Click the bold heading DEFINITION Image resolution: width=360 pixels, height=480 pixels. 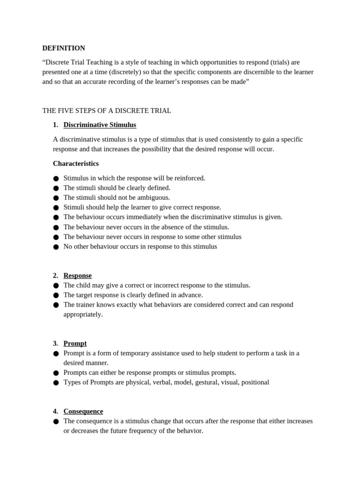point(64,48)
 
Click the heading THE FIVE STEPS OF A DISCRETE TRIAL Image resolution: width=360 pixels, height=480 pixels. point(106,111)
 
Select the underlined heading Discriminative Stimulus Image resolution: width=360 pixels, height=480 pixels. point(100,125)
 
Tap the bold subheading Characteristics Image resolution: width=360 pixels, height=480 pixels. point(75,164)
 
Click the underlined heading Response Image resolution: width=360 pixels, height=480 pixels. point(77,276)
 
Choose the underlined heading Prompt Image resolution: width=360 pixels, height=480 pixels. point(75,344)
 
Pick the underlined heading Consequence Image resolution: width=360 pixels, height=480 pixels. point(83,411)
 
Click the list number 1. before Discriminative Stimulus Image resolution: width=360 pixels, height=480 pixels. point(55,125)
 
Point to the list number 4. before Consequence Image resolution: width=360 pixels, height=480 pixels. point(55,411)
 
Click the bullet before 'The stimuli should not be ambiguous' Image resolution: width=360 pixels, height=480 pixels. point(56,198)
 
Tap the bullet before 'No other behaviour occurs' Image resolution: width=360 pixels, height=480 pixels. point(56,247)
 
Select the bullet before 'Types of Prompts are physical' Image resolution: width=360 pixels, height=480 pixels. point(56,382)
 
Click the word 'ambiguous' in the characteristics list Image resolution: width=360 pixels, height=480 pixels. point(153,197)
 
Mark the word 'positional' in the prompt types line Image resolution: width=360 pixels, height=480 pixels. point(255,382)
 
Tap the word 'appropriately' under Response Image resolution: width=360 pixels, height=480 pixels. point(82,314)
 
